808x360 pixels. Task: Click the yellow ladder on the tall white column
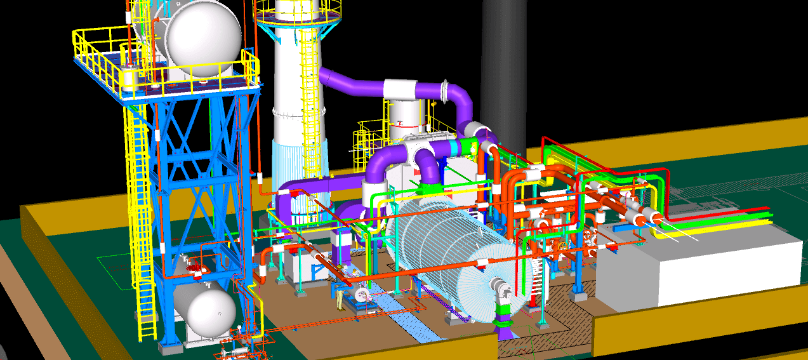pos(309,95)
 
